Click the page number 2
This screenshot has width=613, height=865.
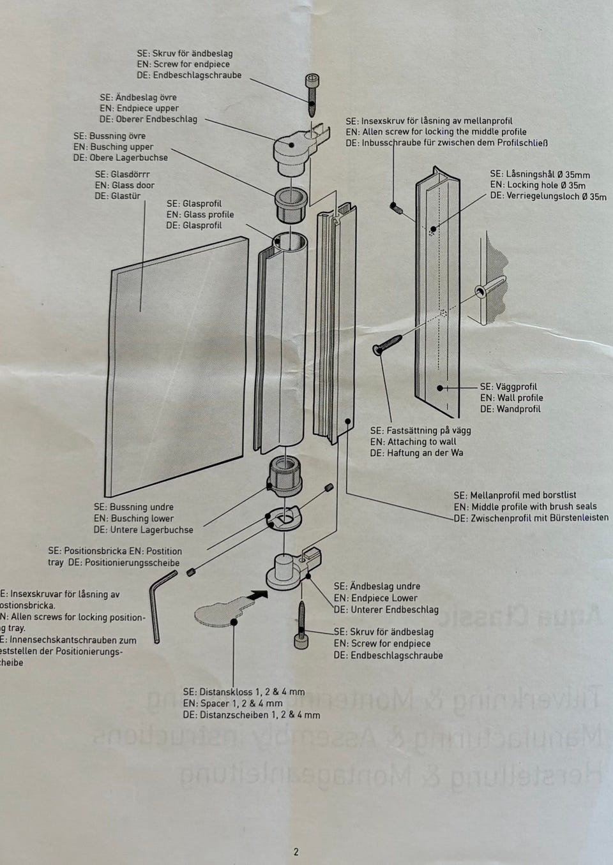[x=296, y=851]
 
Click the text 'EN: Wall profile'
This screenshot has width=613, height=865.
[x=511, y=397]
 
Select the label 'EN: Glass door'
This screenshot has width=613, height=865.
[x=125, y=185]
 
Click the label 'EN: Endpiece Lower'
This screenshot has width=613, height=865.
[x=375, y=598]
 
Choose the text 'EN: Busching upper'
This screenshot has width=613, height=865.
[x=113, y=147]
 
